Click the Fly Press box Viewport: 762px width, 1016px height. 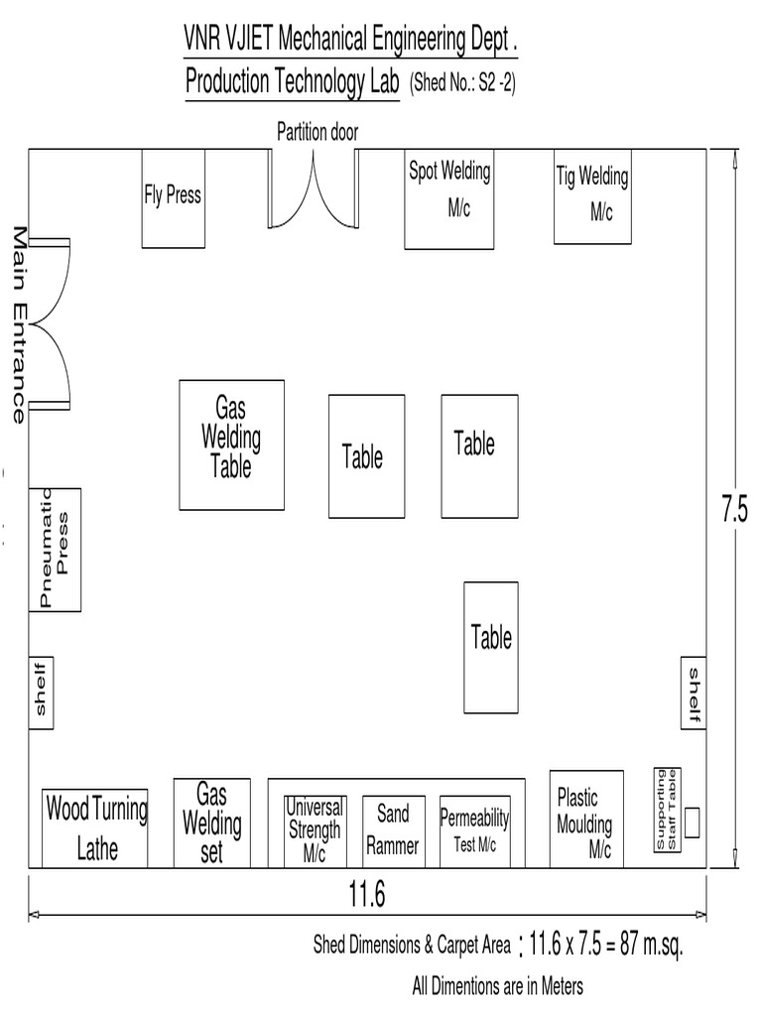(173, 198)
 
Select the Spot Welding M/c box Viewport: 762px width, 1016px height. (448, 198)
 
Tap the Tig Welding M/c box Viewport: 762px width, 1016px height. (592, 196)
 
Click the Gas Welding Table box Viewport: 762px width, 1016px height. (231, 444)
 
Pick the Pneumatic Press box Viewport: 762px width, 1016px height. (55, 549)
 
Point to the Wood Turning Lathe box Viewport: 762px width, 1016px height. (95, 828)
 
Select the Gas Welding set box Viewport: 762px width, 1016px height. (211, 823)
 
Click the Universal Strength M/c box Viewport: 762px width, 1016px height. (315, 830)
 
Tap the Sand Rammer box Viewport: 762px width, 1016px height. (393, 830)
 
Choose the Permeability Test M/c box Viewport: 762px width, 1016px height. (474, 830)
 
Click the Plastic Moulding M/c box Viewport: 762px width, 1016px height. (586, 820)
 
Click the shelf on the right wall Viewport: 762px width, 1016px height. (694, 692)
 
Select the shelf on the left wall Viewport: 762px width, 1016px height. (41, 693)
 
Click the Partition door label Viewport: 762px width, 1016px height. (317, 132)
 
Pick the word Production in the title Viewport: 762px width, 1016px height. (227, 83)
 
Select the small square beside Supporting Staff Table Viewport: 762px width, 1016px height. (692, 822)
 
